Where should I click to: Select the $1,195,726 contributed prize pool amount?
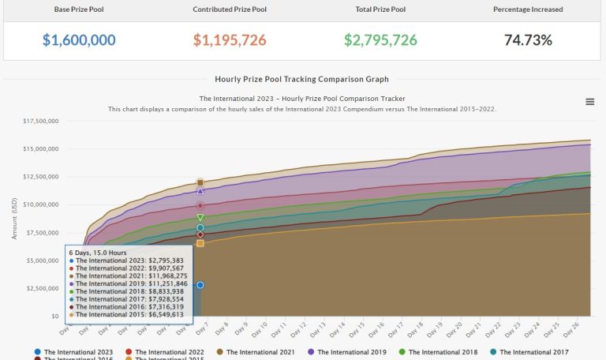tap(230, 39)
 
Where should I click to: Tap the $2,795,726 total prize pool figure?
tap(380, 39)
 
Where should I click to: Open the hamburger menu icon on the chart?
tap(590, 101)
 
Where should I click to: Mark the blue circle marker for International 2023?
tap(200, 285)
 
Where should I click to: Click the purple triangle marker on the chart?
tap(200, 191)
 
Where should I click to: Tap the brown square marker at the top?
tap(200, 182)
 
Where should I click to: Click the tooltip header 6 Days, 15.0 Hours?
tap(98, 253)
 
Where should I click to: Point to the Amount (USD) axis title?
tap(13, 219)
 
